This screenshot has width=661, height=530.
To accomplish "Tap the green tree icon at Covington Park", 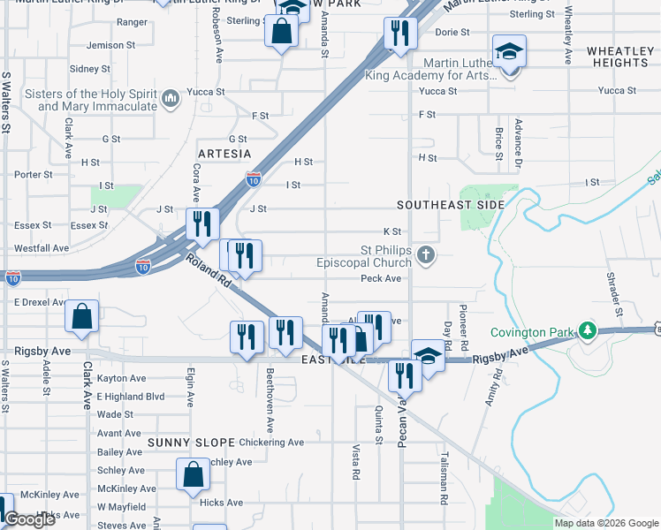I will (587, 331).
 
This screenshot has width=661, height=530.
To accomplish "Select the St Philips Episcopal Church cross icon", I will (426, 256).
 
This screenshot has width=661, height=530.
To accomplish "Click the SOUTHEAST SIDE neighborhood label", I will (450, 205).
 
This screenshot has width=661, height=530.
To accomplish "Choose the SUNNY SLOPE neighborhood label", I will (191, 442).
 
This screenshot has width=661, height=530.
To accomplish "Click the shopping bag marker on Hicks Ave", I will (192, 476).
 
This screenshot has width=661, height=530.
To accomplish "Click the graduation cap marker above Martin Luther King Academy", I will (509, 51).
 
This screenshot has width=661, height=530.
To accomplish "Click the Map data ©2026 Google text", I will (605, 523).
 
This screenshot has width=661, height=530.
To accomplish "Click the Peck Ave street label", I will (381, 278).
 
